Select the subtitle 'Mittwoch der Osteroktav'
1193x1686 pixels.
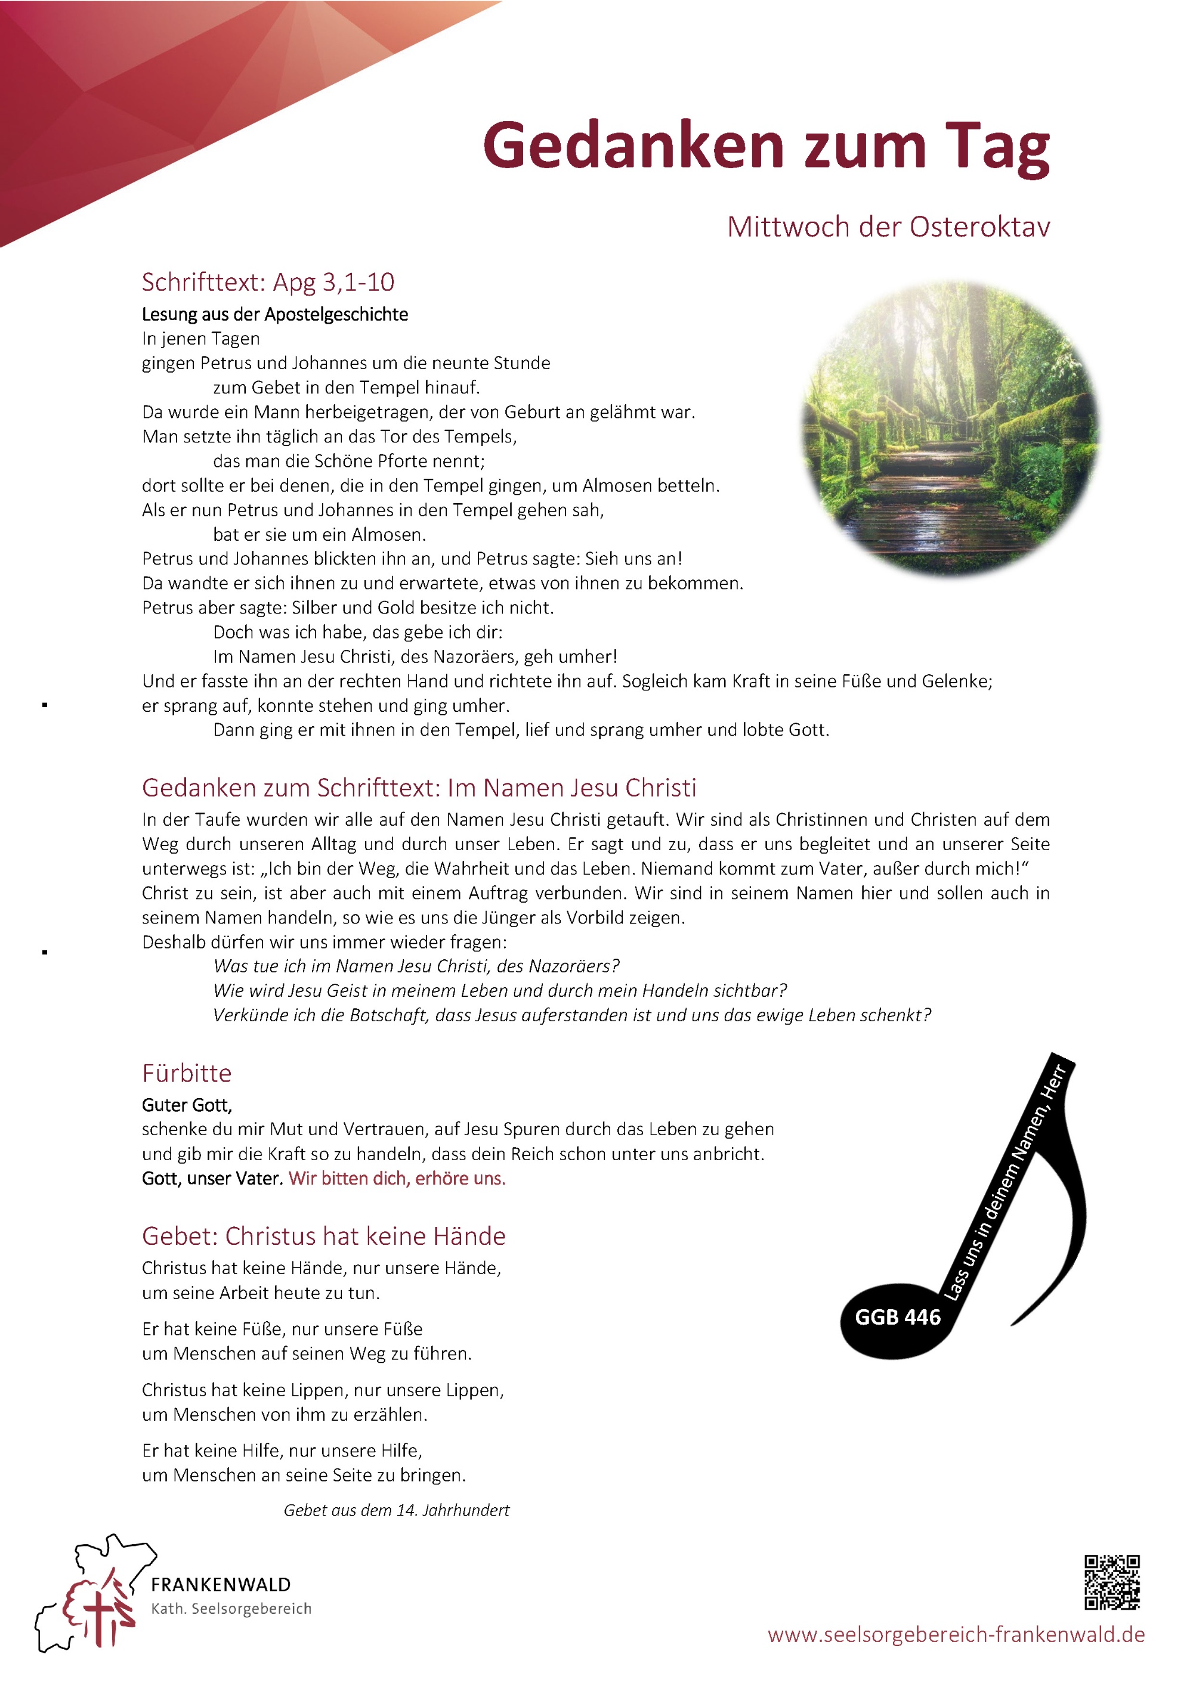coord(888,227)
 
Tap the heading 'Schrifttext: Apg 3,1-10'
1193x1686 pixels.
coord(268,282)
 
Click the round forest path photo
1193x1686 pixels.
coord(950,427)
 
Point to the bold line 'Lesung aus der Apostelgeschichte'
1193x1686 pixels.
coord(275,314)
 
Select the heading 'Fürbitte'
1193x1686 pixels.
coord(187,1073)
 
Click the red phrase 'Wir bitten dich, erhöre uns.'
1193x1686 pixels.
coord(397,1178)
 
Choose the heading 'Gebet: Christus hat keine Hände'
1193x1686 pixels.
coord(323,1236)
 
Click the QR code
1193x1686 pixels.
coord(1112,1582)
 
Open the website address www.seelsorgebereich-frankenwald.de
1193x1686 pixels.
coord(956,1635)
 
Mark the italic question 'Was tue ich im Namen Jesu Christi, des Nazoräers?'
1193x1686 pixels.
coord(416,966)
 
